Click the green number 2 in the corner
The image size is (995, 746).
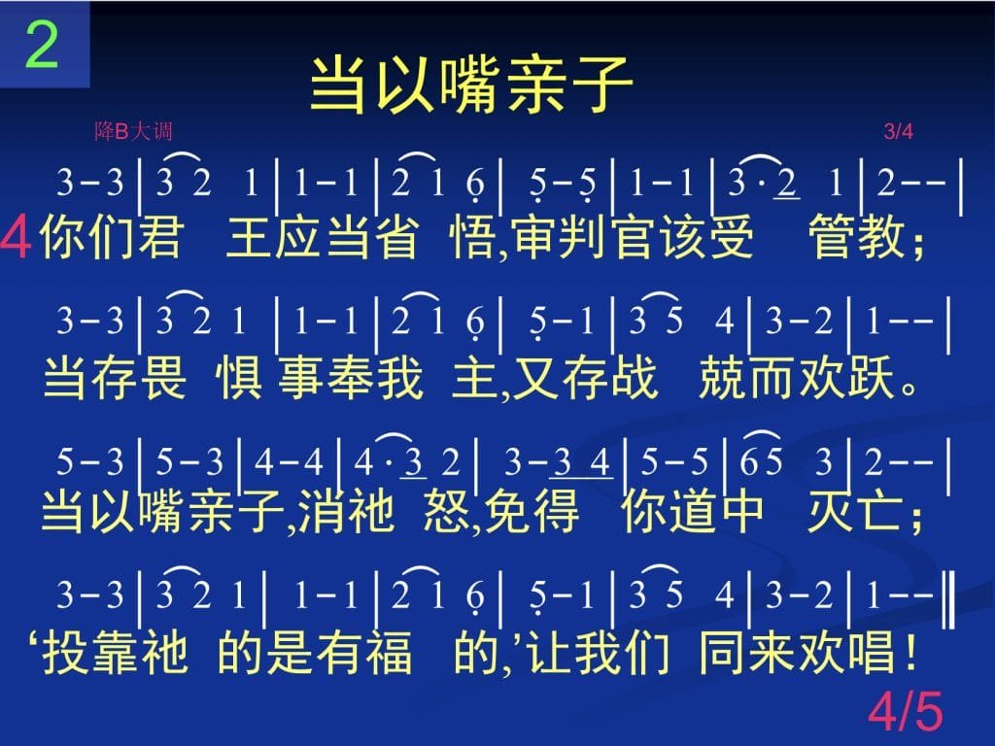point(42,45)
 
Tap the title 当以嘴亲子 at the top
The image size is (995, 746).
point(471,85)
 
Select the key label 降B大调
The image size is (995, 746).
point(133,131)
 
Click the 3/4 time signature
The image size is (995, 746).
point(898,131)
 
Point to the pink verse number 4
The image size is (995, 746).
point(16,237)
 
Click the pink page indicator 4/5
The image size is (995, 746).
point(906,711)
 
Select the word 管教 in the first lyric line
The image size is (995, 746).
point(857,237)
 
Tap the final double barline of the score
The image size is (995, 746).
point(950,598)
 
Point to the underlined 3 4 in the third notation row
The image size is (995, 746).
point(582,461)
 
